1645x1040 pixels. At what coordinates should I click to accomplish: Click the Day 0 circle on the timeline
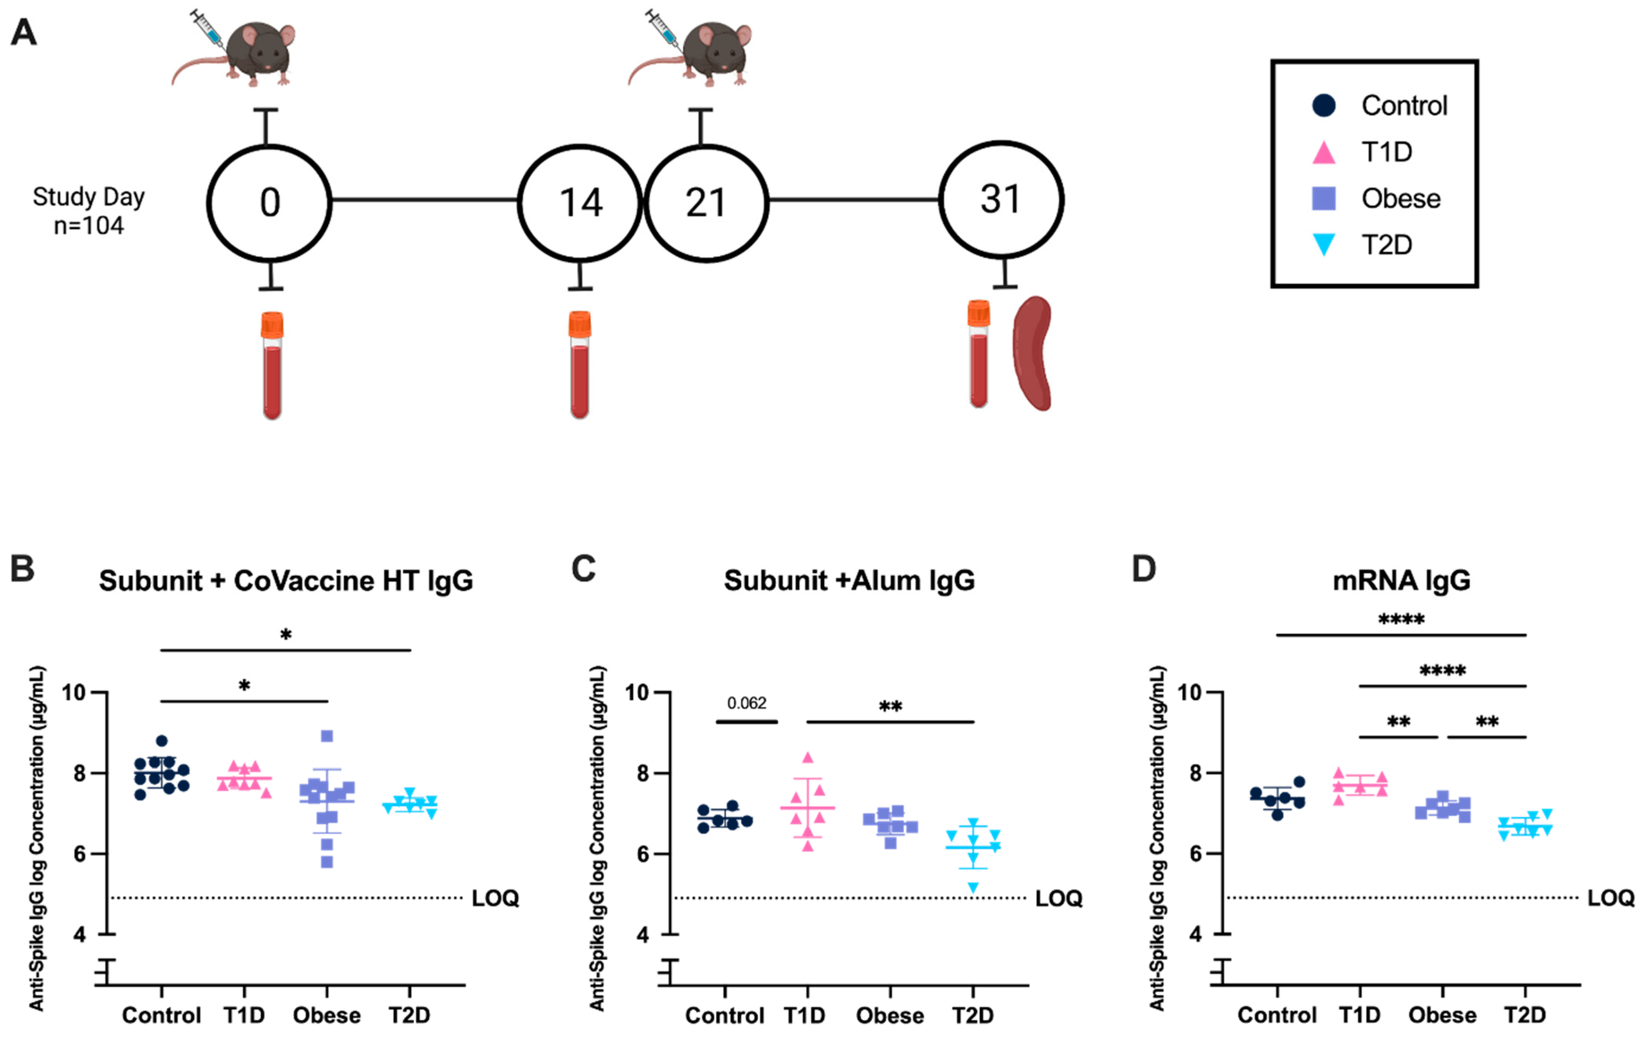(269, 203)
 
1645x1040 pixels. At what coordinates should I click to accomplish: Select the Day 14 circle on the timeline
(580, 203)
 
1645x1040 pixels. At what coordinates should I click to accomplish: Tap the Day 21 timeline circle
(706, 203)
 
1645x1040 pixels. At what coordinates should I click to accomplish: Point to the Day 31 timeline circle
(1001, 199)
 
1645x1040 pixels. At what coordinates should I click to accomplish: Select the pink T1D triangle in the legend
(1324, 152)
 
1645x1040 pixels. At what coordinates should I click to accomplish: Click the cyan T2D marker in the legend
(1324, 244)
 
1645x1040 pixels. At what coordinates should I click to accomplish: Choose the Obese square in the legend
(1324, 198)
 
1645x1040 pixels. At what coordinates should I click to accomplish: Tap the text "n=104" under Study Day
(89, 225)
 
